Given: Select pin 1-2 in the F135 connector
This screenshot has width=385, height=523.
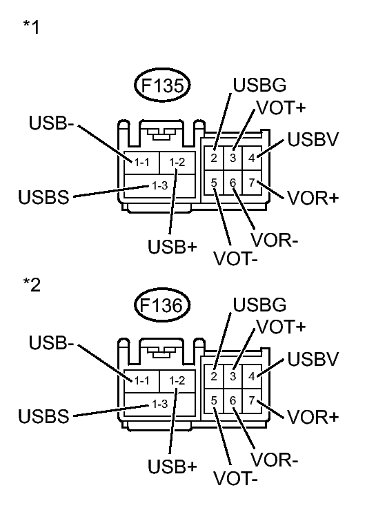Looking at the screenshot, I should (x=177, y=162).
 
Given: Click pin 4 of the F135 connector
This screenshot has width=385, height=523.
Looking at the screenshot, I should (x=252, y=157).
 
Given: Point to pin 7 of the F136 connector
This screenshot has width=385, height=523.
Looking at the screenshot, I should (x=252, y=400).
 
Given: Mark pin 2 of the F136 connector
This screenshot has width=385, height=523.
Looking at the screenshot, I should (x=215, y=376).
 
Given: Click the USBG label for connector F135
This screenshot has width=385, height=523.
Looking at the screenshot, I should (x=259, y=86).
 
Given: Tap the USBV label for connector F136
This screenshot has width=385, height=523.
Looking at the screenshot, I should (x=313, y=359).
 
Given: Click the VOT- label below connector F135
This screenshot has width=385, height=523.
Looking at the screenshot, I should (x=236, y=260).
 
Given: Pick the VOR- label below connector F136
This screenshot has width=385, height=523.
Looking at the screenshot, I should (x=275, y=460).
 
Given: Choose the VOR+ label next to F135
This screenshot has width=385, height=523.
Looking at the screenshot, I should (x=313, y=198).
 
